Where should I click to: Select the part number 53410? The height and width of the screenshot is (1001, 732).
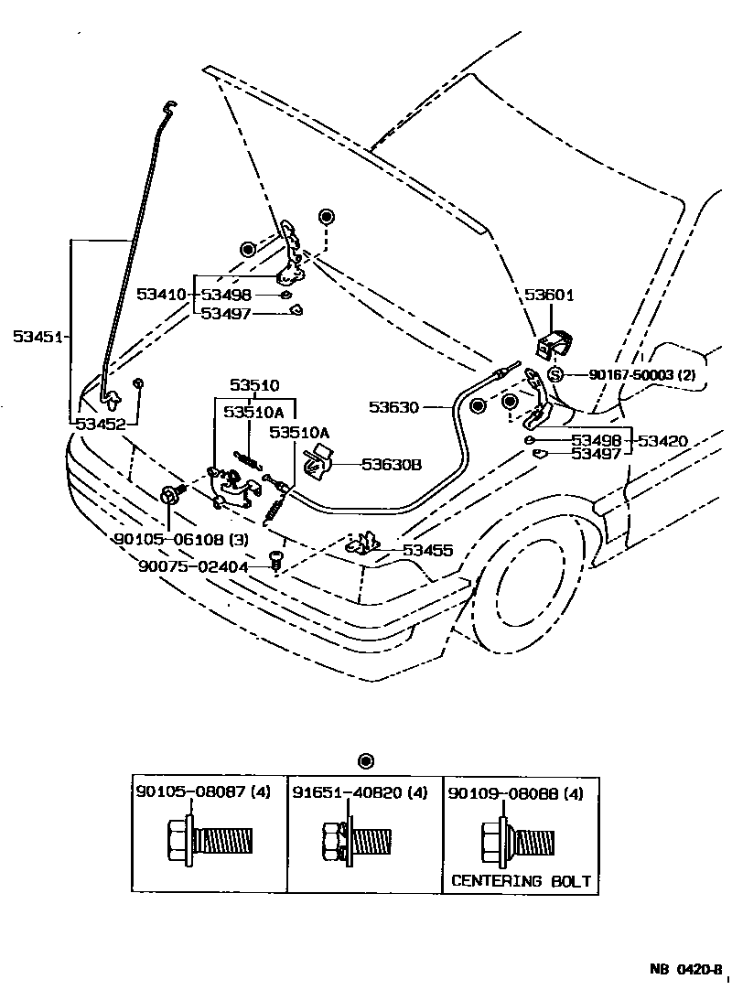(x=162, y=295)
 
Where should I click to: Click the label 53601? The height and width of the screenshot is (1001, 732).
(x=549, y=295)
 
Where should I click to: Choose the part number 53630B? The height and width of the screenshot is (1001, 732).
(x=391, y=465)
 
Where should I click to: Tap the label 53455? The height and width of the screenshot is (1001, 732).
(x=428, y=550)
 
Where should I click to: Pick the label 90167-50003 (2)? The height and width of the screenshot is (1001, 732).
(x=642, y=375)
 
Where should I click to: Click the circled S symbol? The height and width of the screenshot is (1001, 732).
(x=554, y=374)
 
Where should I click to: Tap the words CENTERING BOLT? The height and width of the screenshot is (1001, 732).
(x=521, y=882)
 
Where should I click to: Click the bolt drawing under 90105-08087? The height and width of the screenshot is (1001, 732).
(x=210, y=839)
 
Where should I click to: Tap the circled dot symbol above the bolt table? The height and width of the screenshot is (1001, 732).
(x=366, y=760)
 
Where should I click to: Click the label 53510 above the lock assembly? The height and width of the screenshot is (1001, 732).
(x=254, y=386)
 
